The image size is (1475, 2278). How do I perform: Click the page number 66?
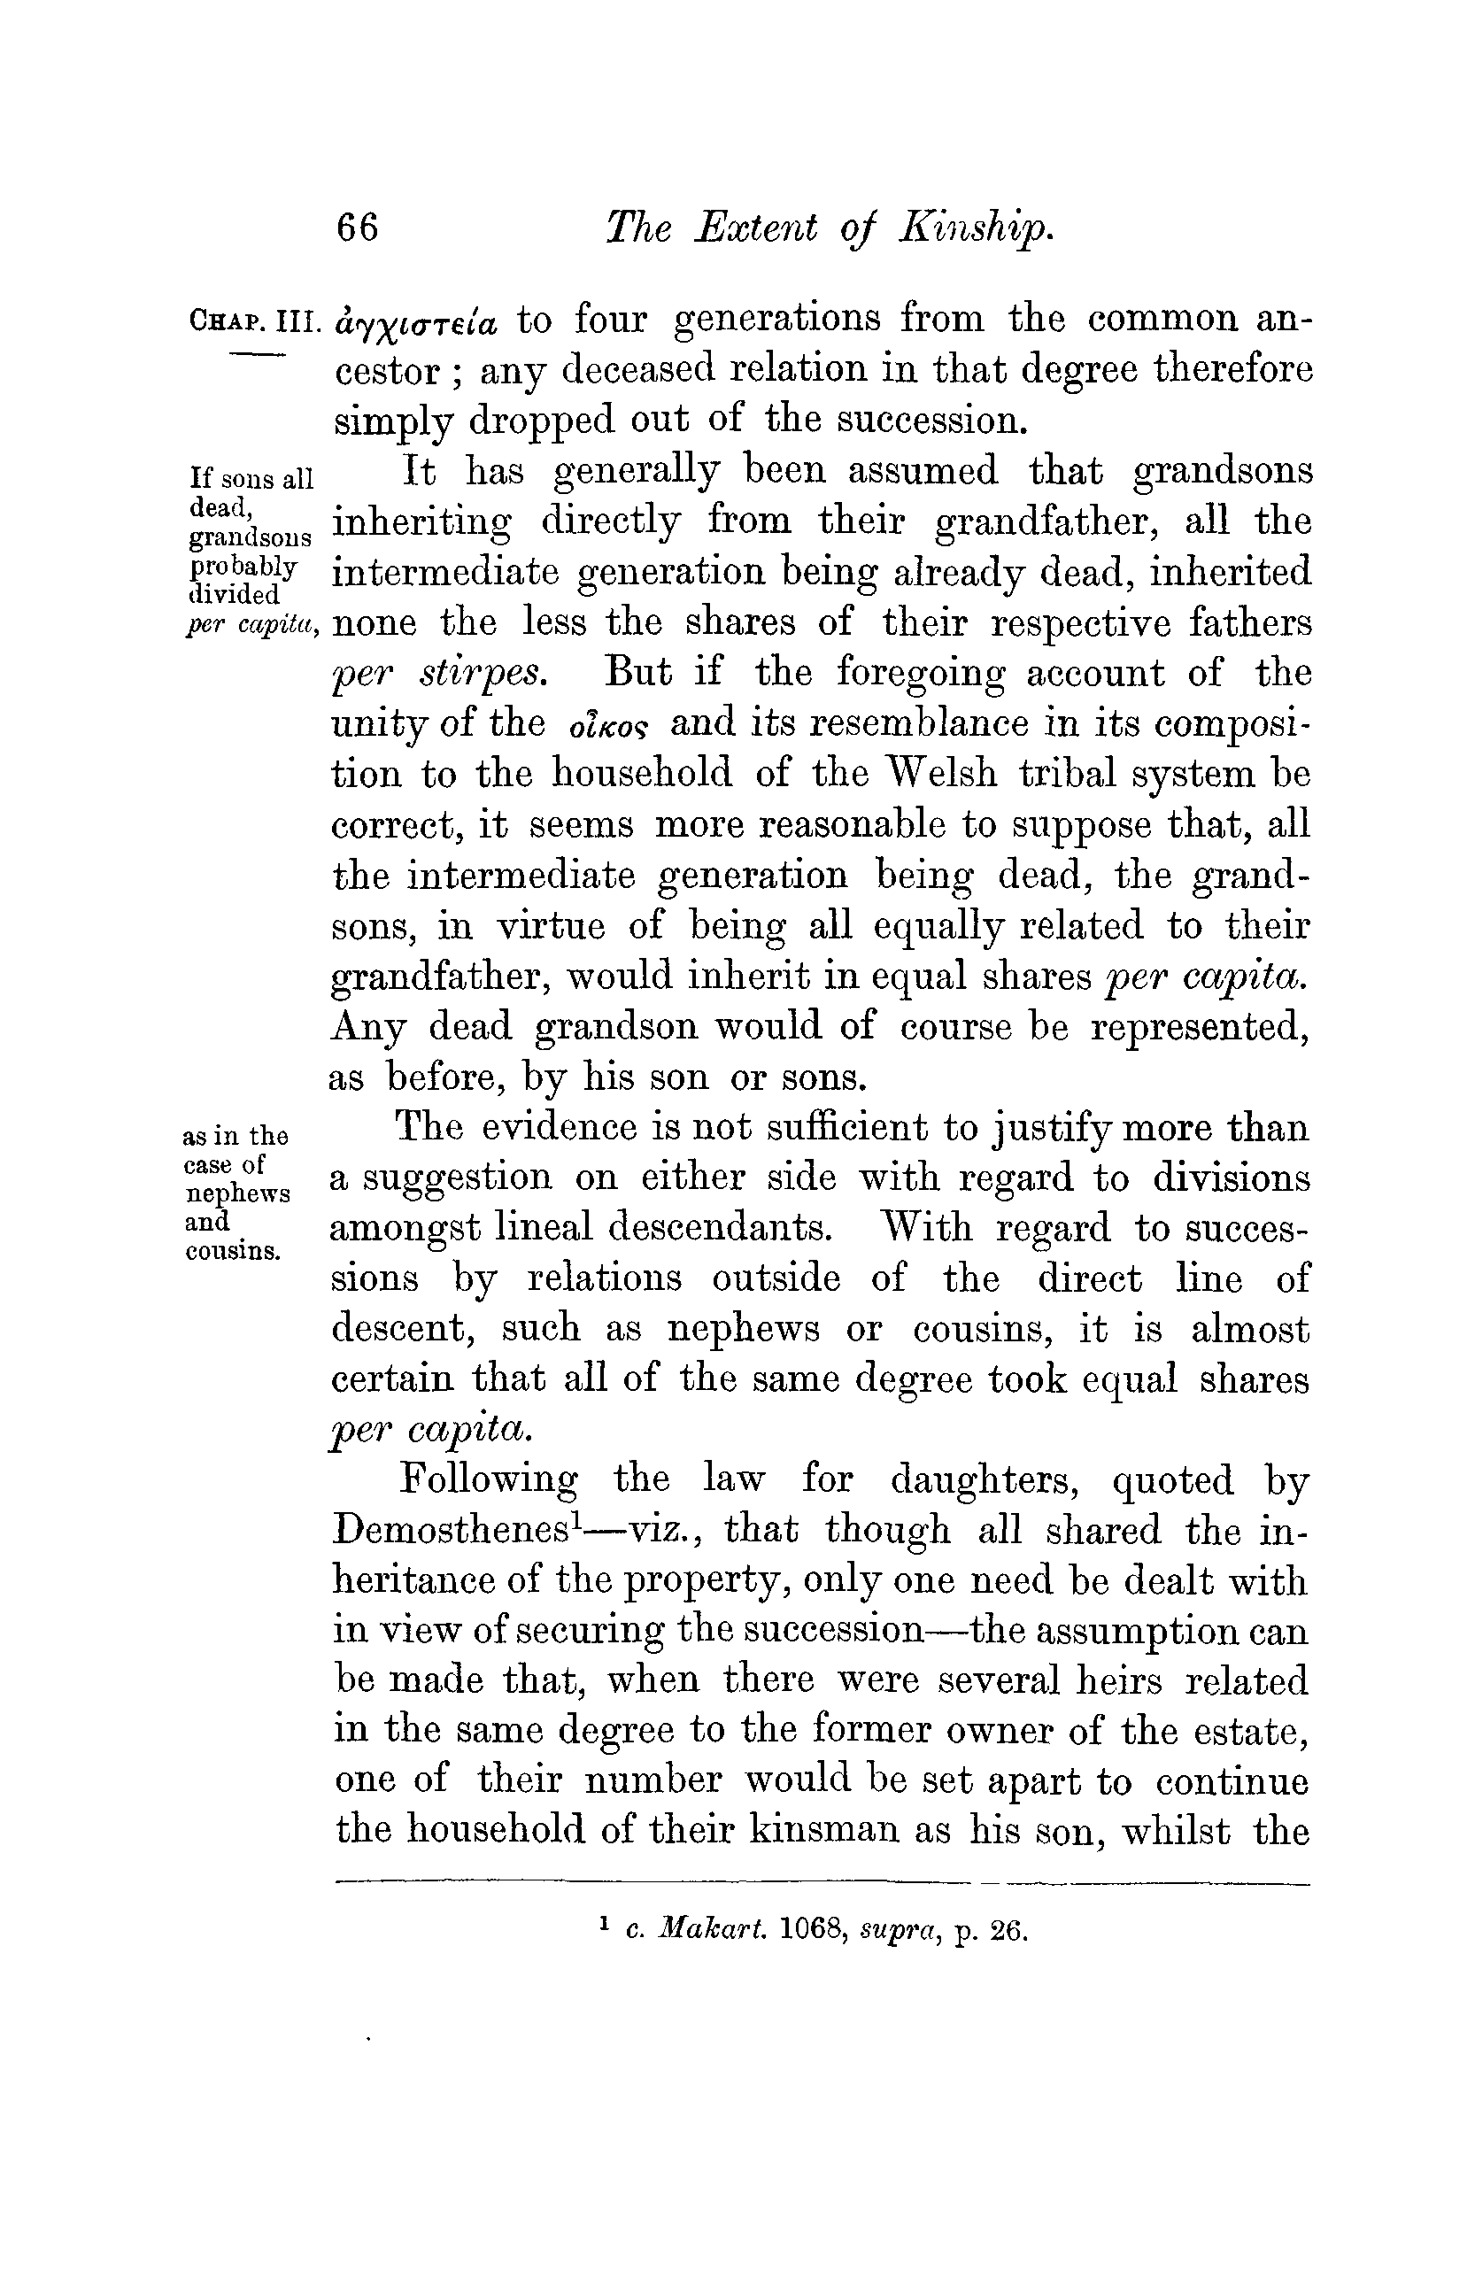point(357,228)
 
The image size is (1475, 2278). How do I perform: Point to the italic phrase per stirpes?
point(439,674)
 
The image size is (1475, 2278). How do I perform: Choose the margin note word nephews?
point(237,1194)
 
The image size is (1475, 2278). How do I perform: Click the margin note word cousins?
point(231,1251)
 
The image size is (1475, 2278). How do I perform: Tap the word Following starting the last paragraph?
point(488,1479)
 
